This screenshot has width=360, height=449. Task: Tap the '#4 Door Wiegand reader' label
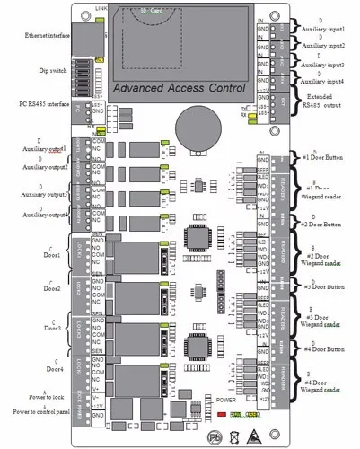[x=324, y=392]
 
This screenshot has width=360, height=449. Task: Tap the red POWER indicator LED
[x=222, y=415]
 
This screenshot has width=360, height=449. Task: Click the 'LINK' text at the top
[x=102, y=5]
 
